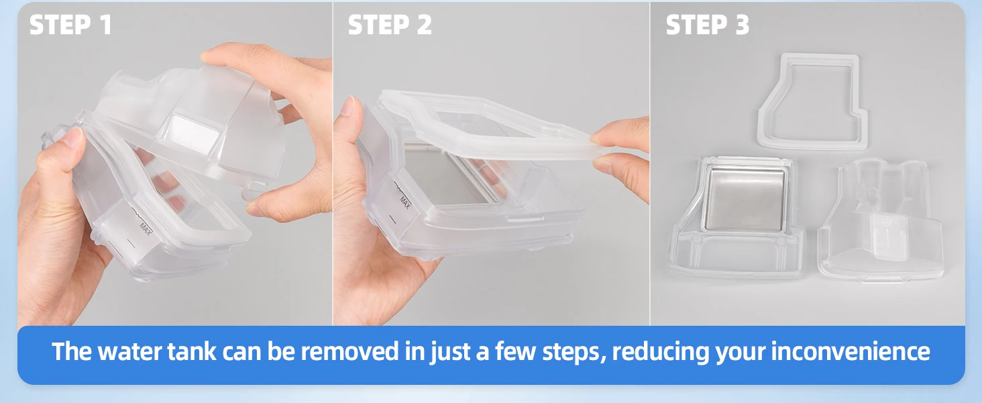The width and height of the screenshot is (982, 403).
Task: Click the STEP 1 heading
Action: [70, 24]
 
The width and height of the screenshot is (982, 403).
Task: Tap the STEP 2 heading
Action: [390, 24]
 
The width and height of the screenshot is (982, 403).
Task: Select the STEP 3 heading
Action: [708, 24]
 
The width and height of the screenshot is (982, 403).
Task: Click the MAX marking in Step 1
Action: [146, 229]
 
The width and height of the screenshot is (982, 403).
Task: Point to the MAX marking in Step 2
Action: [405, 202]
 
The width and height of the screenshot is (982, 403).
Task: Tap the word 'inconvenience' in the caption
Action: [850, 352]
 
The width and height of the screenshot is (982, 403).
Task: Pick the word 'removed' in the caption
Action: [350, 352]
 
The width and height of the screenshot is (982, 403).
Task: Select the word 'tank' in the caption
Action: [192, 352]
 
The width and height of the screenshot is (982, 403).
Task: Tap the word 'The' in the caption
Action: [72, 352]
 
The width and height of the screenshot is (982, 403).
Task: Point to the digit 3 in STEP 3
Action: [742, 25]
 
